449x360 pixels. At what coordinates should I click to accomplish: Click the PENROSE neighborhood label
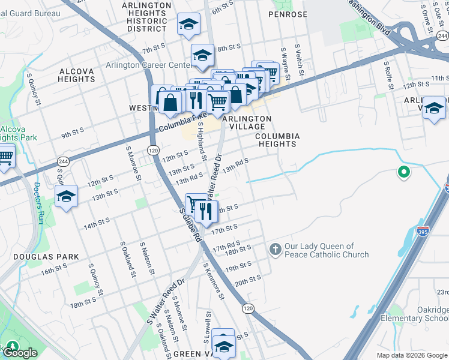pyautogui.click(x=288, y=14)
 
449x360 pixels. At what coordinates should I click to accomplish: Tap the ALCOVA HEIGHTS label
pyautogui.click(x=77, y=75)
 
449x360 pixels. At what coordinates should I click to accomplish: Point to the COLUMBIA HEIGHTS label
pyautogui.click(x=277, y=140)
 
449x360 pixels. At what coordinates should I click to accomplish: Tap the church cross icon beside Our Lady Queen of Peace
pyautogui.click(x=275, y=249)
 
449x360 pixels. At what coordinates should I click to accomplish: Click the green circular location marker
pyautogui.click(x=404, y=173)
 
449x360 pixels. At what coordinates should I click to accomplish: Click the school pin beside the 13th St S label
pyautogui.click(x=66, y=197)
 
